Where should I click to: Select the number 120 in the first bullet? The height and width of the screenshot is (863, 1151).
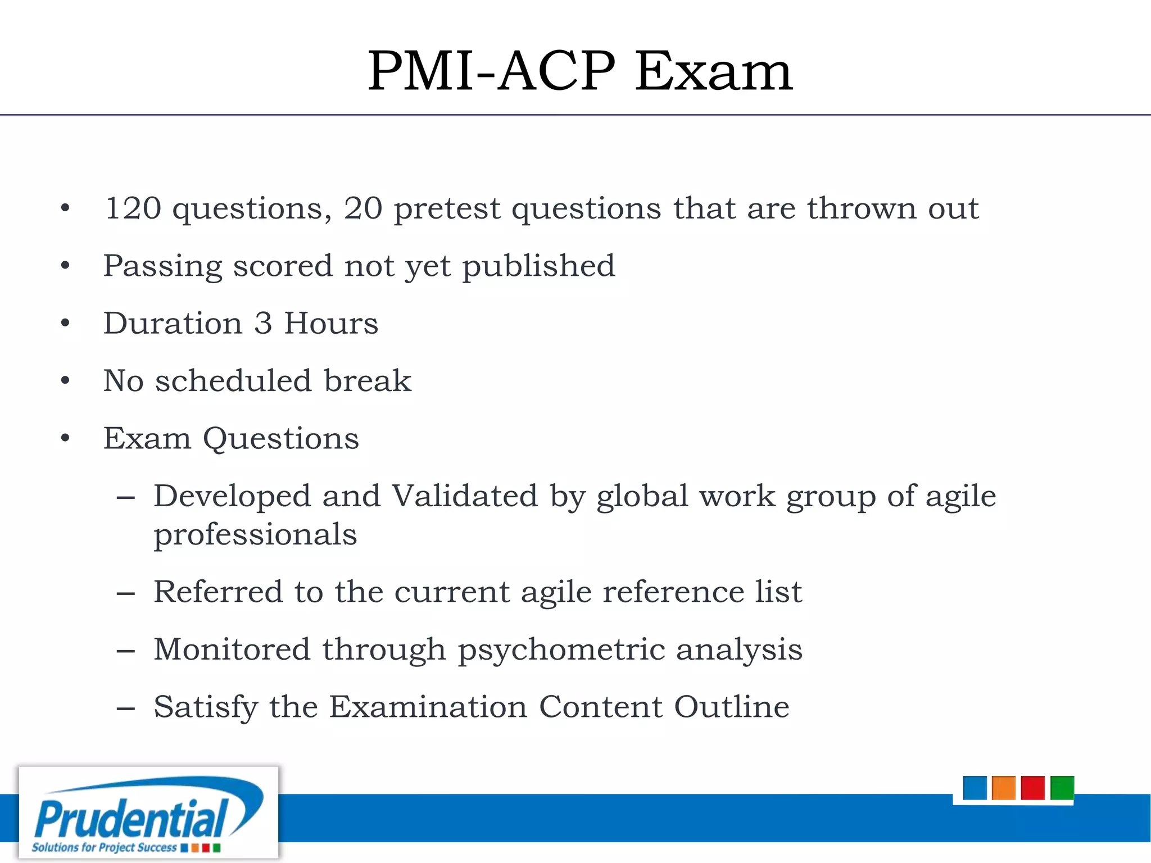pos(133,208)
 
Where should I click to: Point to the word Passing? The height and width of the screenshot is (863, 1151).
pos(163,267)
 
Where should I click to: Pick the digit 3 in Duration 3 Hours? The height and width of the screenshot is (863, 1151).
pos(263,324)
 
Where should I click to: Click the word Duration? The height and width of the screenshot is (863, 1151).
pos(173,324)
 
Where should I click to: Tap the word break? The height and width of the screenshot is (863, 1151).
pos(368,381)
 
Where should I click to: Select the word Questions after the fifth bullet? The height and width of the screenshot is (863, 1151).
pos(280,439)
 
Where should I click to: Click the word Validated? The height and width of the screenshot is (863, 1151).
pos(464,496)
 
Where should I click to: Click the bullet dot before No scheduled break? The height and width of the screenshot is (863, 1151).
pos(65,381)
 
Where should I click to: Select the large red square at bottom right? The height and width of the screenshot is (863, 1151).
pos(1032,788)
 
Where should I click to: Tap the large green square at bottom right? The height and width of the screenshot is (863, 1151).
pos(1062,788)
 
